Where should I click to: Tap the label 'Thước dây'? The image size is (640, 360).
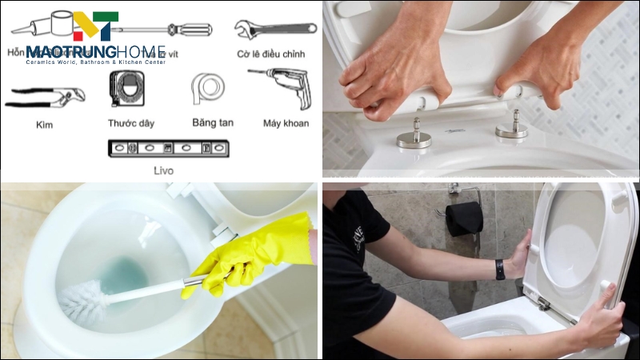131,123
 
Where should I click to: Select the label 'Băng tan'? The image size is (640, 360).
213,123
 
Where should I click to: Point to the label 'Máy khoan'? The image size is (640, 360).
286,123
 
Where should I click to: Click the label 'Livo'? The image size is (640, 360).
163,170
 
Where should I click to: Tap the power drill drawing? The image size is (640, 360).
279,85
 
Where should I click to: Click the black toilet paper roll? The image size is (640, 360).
464,217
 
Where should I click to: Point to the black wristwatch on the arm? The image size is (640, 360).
499,270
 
